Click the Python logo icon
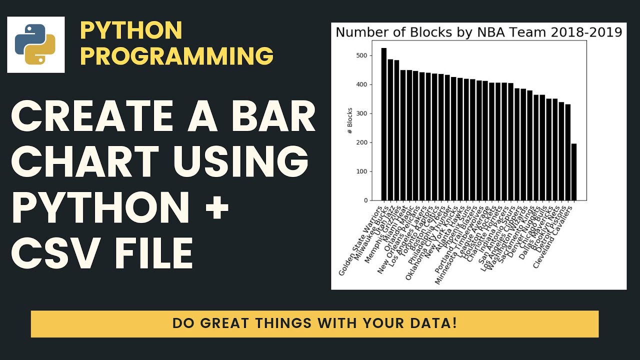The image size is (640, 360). tap(35, 44)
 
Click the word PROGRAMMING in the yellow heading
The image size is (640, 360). tap(176, 56)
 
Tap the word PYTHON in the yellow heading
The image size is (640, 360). tap(131, 31)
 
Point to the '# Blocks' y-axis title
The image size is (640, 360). tap(350, 120)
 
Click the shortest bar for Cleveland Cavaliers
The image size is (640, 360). tap(573, 172)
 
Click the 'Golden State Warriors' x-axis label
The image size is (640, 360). tap(361, 242)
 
